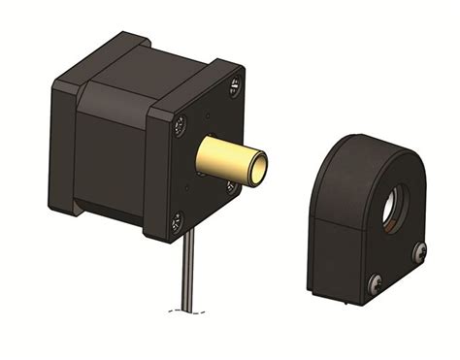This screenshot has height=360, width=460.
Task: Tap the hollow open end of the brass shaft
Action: click(x=259, y=166)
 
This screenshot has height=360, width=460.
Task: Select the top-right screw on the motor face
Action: click(x=235, y=88)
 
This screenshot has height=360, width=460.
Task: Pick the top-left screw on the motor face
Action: click(x=180, y=122)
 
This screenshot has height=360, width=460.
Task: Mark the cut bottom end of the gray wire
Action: click(x=184, y=309)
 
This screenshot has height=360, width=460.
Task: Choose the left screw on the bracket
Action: click(x=376, y=282)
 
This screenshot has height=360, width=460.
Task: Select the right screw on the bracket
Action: click(x=419, y=251)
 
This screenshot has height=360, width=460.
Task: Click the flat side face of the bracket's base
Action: click(x=336, y=257)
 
